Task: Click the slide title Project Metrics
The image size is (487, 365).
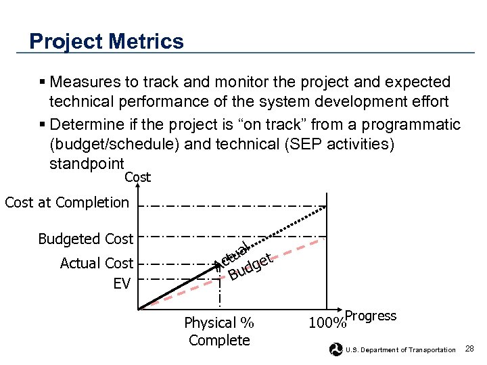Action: (x=106, y=41)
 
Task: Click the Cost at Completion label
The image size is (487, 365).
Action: (x=66, y=202)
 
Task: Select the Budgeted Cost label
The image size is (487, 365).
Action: (x=85, y=239)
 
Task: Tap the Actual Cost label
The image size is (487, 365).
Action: (x=96, y=263)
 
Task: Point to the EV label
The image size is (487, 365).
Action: (x=122, y=283)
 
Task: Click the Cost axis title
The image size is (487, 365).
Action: (x=138, y=177)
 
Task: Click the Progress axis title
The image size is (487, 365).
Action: (x=371, y=316)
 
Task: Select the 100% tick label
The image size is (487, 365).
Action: (x=326, y=323)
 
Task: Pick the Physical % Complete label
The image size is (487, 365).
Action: (x=219, y=331)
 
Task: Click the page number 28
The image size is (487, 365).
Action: (x=471, y=348)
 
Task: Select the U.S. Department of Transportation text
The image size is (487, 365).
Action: (x=400, y=349)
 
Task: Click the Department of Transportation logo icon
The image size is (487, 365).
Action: (x=335, y=349)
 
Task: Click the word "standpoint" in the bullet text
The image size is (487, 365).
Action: (x=87, y=164)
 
